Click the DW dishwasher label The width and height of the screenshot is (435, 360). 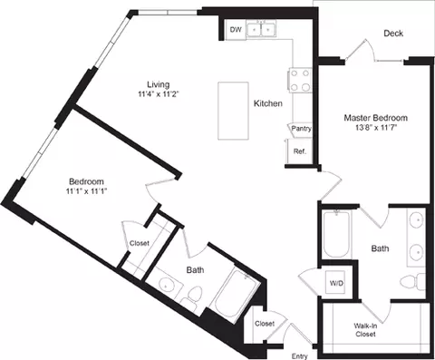236,30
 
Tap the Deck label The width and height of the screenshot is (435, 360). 392,34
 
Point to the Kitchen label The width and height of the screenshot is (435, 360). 268,104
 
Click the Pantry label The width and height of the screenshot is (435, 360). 301,129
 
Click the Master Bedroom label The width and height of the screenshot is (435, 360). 375,118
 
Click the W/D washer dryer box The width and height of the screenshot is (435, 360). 336,283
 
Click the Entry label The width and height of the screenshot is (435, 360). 299,354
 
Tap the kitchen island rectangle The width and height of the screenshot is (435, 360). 234,109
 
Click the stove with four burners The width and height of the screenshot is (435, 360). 299,81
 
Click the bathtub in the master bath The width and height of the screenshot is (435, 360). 335,235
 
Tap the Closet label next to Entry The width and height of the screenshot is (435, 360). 265,324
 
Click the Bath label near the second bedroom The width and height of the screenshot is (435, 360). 196,269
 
